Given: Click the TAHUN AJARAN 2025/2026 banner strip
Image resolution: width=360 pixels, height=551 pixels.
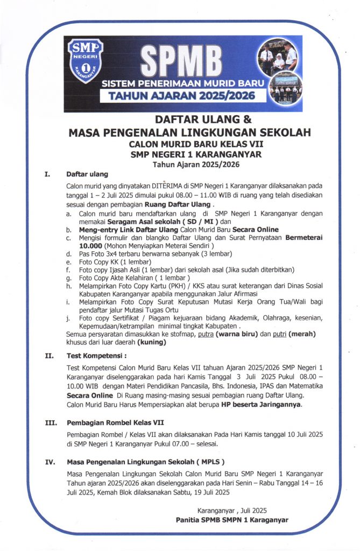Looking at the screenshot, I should pyautogui.click(x=179, y=96).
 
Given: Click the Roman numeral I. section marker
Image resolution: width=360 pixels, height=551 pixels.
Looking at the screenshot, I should pyautogui.click(x=47, y=174).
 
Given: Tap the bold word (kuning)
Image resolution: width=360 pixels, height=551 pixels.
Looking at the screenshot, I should pyautogui.click(x=152, y=342).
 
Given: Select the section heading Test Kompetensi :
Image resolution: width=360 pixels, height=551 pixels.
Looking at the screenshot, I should pyautogui.click(x=97, y=355).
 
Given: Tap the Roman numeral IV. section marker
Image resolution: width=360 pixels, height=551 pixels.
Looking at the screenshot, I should pyautogui.click(x=48, y=462).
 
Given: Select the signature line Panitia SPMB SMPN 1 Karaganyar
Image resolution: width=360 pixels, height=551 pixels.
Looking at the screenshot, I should pyautogui.click(x=232, y=520).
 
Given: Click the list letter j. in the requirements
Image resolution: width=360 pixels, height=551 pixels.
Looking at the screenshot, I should pyautogui.click(x=68, y=317).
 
